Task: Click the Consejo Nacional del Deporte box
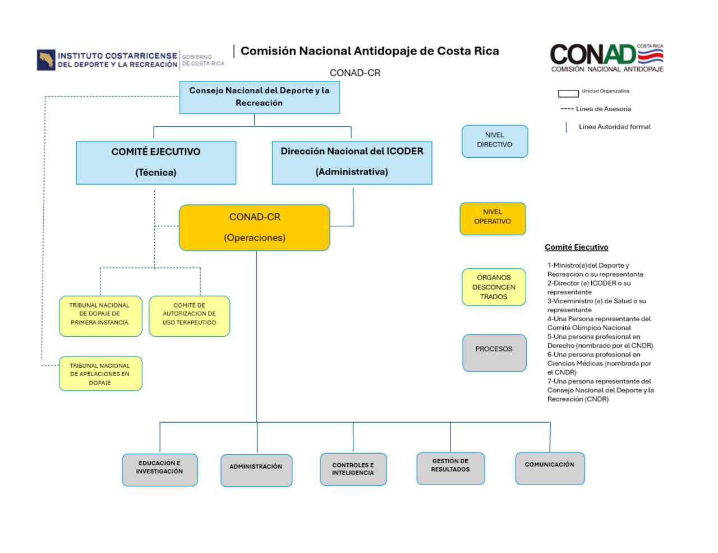coord(259,97)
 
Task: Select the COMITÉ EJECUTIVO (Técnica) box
coord(156,162)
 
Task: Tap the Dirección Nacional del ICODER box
coord(352,162)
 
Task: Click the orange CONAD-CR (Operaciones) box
coord(254,227)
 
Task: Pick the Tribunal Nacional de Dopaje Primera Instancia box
coord(100,316)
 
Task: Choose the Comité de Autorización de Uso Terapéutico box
coord(189,316)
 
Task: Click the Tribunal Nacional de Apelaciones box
coord(100,374)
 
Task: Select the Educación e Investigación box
coord(160,469)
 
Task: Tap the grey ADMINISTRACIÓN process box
coord(256,470)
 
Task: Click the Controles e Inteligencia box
coord(353,469)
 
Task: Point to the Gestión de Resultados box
coord(450,468)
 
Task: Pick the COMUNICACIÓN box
coord(550,468)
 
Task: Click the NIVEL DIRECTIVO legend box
coord(494,141)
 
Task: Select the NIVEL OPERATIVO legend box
coord(493,218)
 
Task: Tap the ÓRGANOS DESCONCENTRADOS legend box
coord(494,287)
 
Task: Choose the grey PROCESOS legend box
coord(494,353)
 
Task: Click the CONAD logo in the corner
coord(606,58)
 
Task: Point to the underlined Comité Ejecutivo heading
coord(576,247)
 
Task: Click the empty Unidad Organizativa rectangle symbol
coord(568,93)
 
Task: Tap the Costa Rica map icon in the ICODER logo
coord(46,60)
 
